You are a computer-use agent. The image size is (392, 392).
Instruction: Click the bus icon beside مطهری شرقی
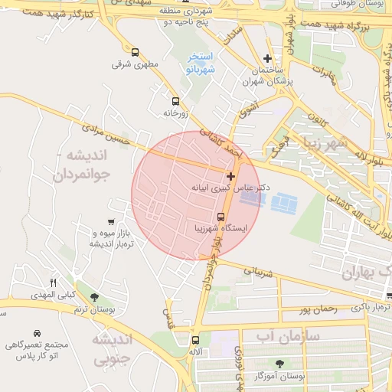[x=136, y=53]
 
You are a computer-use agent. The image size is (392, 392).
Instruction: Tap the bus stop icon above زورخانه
[x=175, y=101]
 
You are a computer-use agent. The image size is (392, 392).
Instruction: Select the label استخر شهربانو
[x=202, y=64]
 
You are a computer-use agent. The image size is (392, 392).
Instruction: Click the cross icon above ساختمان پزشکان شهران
[x=267, y=58]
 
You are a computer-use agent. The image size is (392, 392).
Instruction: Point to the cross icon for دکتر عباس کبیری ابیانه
[x=231, y=176]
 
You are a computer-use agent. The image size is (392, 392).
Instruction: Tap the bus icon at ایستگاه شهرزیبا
[x=220, y=216]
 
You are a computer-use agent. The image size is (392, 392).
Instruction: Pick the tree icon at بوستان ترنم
[x=94, y=296]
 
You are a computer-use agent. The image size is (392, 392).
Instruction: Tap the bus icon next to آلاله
[x=195, y=339]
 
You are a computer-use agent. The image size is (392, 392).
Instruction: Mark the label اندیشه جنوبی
[x=113, y=348]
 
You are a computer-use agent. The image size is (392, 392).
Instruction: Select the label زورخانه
[x=175, y=113]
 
